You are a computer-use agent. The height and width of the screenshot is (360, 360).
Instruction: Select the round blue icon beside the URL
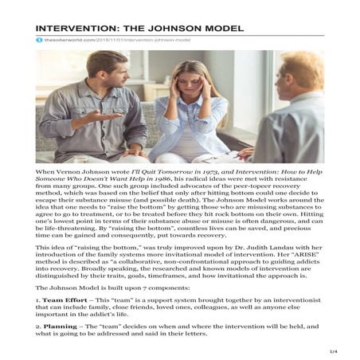point(37,38)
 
